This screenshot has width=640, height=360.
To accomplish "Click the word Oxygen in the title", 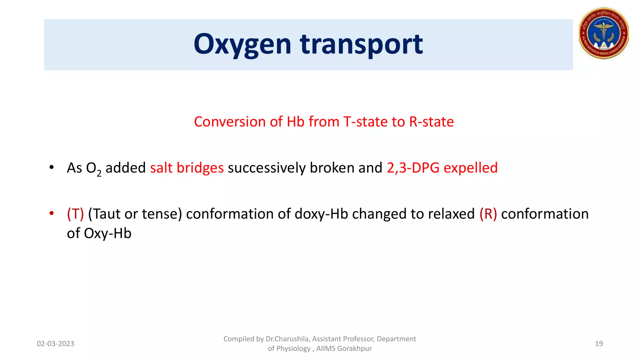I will click(x=242, y=44).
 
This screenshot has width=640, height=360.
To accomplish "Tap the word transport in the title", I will click(x=361, y=44).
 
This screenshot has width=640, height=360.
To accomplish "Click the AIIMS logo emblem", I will click(x=603, y=33).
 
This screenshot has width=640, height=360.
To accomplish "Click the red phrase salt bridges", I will click(x=187, y=168).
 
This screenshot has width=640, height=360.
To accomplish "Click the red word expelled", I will click(x=470, y=168).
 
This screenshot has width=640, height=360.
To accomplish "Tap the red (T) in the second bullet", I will click(x=75, y=214).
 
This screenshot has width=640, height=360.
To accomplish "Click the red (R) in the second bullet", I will click(x=488, y=214).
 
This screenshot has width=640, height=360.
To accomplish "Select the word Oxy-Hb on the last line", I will click(x=107, y=233).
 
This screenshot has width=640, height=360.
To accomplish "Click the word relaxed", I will click(x=451, y=214).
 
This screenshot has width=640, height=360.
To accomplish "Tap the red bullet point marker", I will click(x=52, y=213).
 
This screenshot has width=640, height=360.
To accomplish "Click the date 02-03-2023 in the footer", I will click(x=55, y=344).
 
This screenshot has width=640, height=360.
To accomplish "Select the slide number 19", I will click(x=599, y=344).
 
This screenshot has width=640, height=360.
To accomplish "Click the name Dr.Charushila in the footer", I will click(x=287, y=339).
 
